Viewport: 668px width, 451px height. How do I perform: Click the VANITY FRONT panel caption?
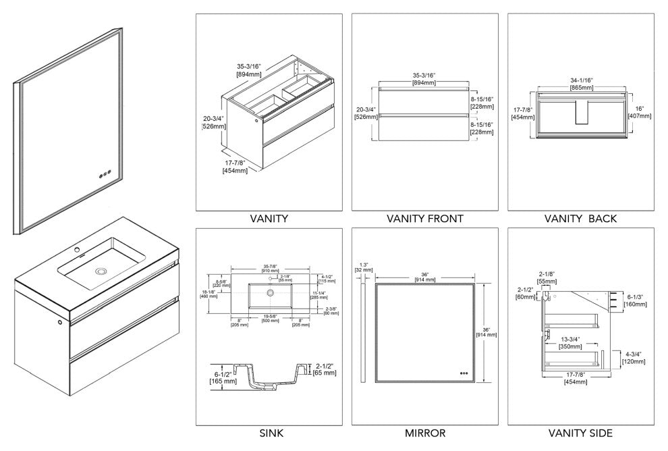[x=424, y=219]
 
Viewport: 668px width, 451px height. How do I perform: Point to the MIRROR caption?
[x=424, y=433]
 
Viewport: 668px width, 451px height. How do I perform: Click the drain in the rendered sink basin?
[x=101, y=271]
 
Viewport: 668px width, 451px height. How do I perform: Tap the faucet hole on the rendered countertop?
[x=77, y=248]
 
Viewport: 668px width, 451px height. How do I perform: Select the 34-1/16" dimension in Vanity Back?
[x=580, y=83]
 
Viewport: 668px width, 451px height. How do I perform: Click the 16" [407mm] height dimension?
[x=643, y=111]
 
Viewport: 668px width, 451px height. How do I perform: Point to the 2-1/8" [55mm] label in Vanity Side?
[x=547, y=277]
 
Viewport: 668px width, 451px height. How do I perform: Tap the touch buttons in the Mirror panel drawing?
[x=464, y=372]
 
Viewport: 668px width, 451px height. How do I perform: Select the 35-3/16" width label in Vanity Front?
[x=424, y=79]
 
